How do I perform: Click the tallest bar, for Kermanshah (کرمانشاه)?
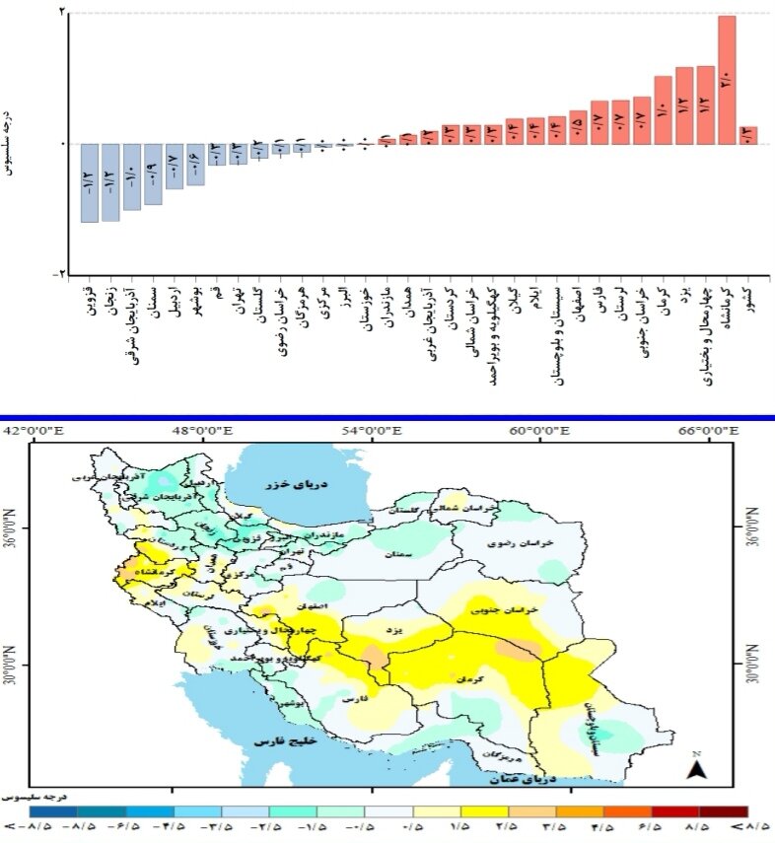(727, 80)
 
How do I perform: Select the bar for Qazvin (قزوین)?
(90, 182)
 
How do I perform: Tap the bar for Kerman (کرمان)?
(663, 109)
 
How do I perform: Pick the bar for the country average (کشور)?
(748, 135)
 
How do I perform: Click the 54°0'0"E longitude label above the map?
(371, 430)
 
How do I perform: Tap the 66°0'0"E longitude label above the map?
(709, 430)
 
